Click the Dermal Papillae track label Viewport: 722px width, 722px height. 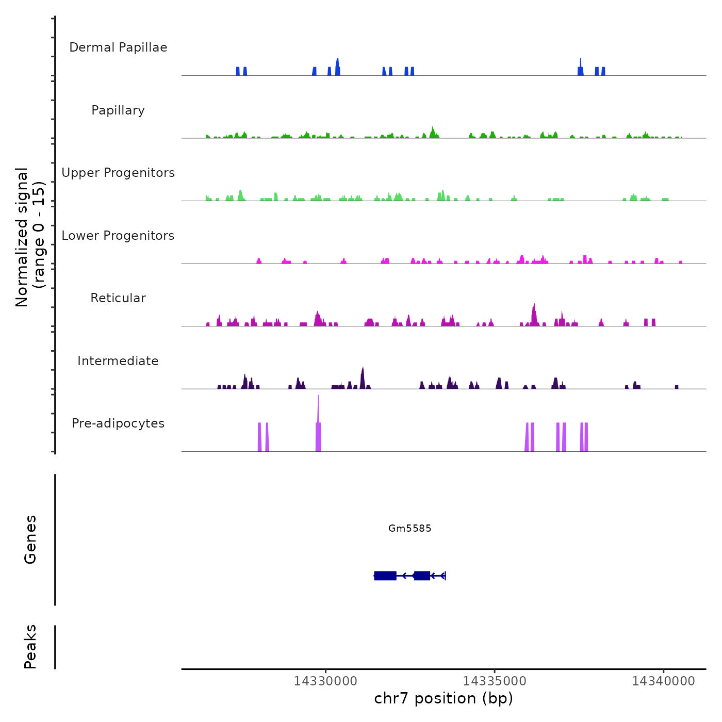pos(118,47)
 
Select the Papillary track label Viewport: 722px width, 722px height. pos(118,110)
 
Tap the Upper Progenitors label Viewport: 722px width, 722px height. pos(118,173)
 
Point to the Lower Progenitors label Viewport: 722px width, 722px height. pos(118,236)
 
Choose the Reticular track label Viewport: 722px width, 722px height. pos(118,298)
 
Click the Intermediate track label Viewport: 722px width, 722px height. pos(118,361)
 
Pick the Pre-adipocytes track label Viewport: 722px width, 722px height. pos(118,423)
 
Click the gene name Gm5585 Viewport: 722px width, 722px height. pos(410,528)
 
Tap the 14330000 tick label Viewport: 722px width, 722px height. pos(325,681)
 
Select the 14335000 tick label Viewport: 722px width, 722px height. pos(495,681)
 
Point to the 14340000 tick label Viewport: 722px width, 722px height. pos(664,681)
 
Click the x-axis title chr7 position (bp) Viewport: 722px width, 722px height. pos(444,698)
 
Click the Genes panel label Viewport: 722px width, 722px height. pos(30,539)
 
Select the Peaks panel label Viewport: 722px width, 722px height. pos(30,647)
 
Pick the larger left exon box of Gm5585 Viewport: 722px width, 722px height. pos(385,576)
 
